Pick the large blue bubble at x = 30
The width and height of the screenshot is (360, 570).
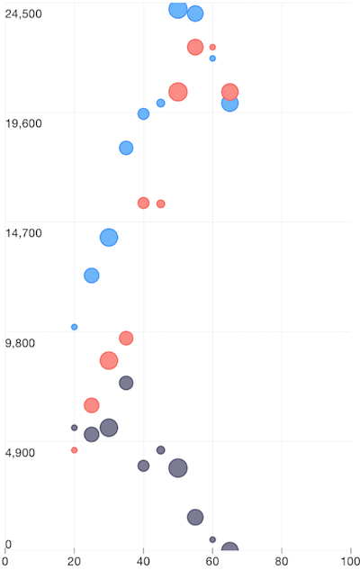[x=109, y=237]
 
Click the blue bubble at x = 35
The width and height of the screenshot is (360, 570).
[x=126, y=148]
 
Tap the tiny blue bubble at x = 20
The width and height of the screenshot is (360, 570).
[x=74, y=327]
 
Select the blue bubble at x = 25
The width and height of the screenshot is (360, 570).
[x=91, y=276]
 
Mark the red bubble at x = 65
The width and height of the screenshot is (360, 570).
[x=229, y=91]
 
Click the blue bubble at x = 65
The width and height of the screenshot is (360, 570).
[x=229, y=104]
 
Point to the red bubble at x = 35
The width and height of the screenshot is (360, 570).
[x=126, y=339]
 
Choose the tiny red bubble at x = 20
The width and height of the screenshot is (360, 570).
[x=74, y=450]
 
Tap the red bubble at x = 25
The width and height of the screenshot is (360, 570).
[x=91, y=405]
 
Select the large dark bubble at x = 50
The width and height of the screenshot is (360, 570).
[x=178, y=467]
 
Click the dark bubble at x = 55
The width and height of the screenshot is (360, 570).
[x=195, y=517]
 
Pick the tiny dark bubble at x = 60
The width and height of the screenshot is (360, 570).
[x=212, y=539]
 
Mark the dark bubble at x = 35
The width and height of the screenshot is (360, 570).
[x=126, y=383]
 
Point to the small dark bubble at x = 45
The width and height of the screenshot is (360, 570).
[x=160, y=450]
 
